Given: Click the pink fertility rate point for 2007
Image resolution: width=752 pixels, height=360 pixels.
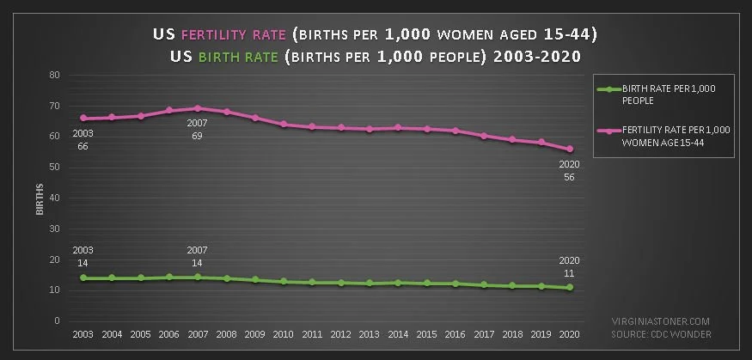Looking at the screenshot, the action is click(x=197, y=108).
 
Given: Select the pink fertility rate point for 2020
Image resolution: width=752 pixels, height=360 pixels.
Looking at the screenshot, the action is click(x=569, y=149).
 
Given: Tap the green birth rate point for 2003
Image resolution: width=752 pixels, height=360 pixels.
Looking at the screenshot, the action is click(x=83, y=278).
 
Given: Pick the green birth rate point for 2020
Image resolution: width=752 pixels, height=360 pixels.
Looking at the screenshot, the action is click(x=569, y=287).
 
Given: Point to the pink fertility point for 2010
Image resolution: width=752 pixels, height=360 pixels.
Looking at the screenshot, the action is click(x=284, y=125).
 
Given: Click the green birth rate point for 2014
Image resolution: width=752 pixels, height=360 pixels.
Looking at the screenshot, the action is click(x=398, y=283).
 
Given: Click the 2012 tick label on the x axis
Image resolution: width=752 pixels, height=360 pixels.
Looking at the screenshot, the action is click(x=341, y=334).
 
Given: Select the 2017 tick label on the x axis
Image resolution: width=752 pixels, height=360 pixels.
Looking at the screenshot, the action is click(x=484, y=334).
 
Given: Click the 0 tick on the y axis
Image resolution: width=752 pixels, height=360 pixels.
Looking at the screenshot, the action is click(x=56, y=320).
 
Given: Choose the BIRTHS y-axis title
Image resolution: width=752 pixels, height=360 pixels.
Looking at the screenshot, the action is click(x=40, y=198).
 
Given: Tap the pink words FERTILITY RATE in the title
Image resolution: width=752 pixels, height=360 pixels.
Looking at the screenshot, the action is click(x=234, y=34).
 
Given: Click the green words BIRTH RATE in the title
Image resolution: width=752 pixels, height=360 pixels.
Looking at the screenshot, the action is click(x=238, y=57).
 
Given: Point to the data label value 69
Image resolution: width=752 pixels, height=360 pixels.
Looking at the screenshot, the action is click(x=197, y=136).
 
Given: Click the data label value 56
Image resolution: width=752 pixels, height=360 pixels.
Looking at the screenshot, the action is click(x=569, y=177).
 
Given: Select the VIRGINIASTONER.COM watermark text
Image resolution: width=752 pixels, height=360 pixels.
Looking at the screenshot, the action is click(x=660, y=321).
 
